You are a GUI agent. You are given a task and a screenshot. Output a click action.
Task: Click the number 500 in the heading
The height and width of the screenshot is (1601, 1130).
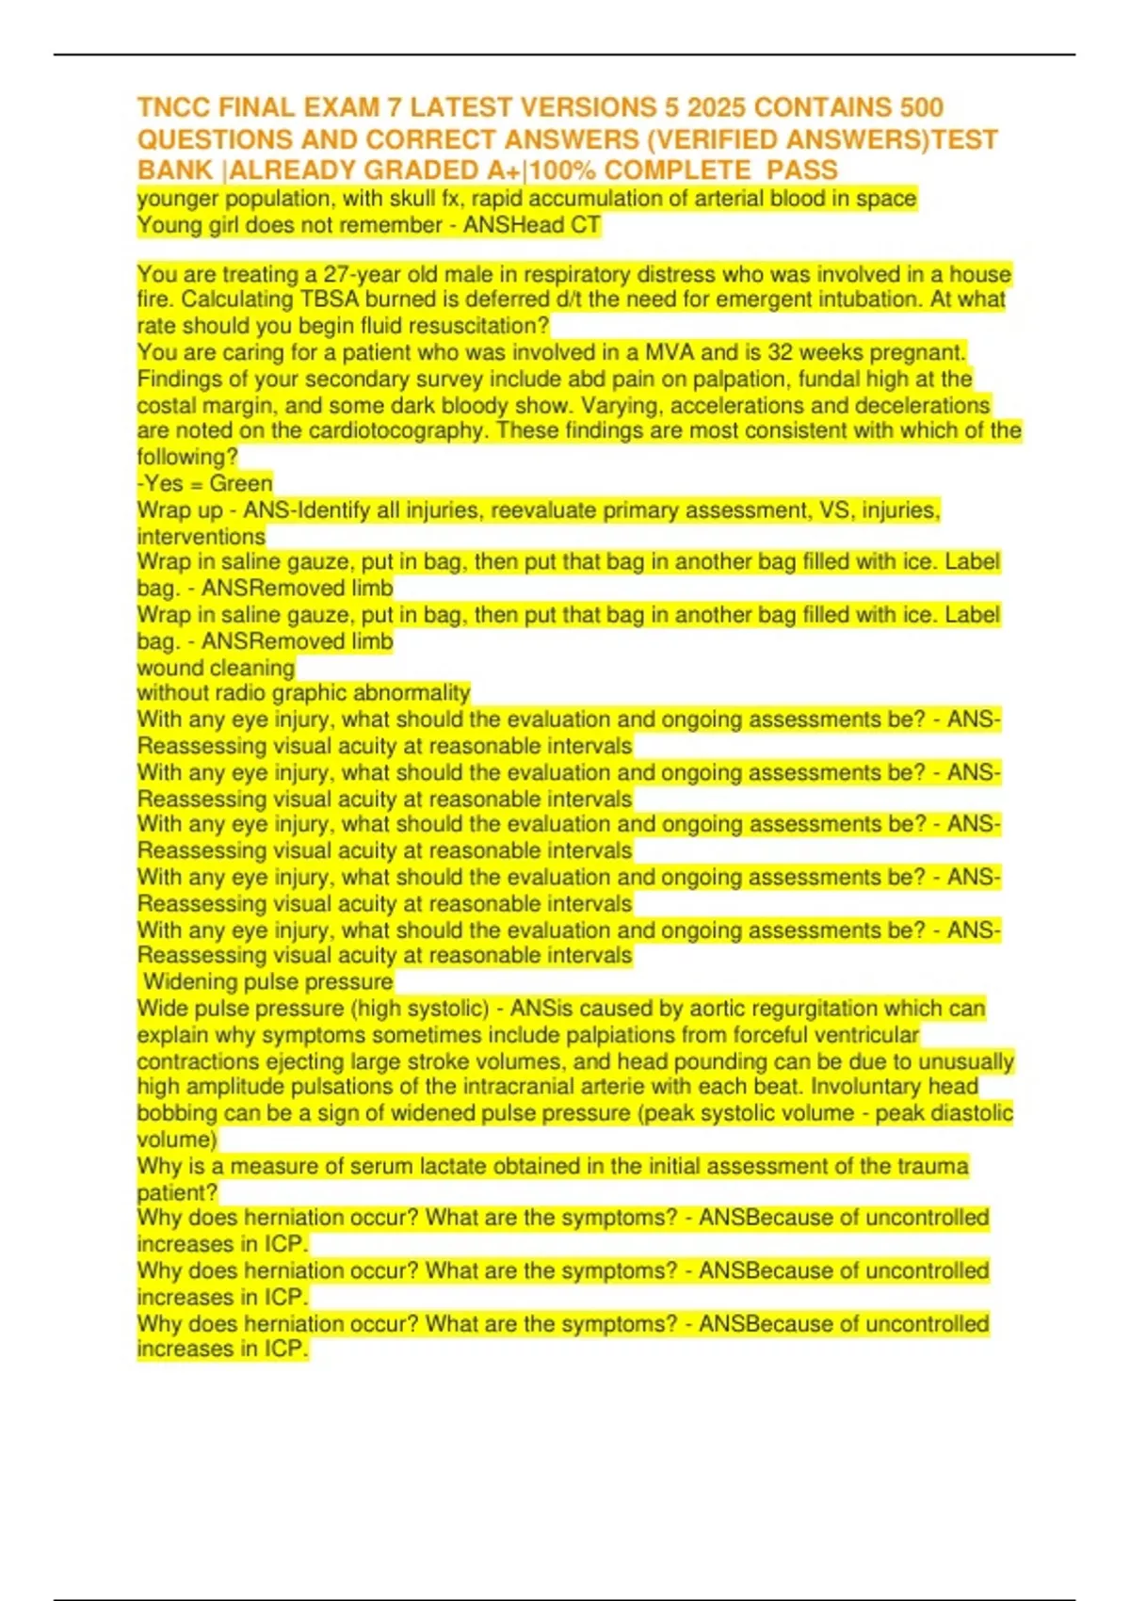tap(921, 107)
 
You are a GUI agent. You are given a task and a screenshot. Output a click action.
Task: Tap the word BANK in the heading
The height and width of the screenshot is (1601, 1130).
tap(175, 170)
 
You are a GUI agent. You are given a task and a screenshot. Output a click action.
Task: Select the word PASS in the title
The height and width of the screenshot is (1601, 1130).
tap(801, 170)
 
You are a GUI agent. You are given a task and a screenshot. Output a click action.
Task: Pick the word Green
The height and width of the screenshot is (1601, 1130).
tap(241, 484)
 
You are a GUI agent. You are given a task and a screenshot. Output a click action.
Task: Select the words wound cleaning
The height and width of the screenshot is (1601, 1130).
tap(216, 668)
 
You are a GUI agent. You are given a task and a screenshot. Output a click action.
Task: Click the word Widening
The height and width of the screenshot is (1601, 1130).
tap(186, 982)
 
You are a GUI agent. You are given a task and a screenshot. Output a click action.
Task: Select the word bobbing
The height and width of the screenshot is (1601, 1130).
tap(177, 1113)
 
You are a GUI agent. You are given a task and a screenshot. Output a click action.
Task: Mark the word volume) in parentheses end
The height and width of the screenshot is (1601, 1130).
tap(177, 1140)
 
